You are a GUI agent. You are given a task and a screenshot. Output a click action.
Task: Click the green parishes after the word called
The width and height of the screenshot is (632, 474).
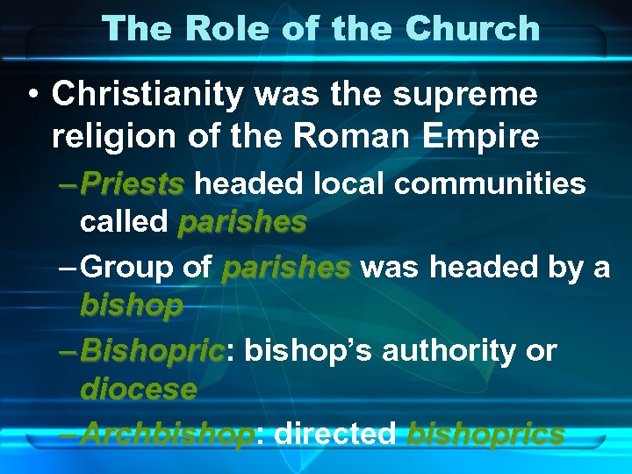click(x=241, y=222)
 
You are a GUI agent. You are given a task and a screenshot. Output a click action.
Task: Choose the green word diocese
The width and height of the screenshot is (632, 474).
click(x=138, y=389)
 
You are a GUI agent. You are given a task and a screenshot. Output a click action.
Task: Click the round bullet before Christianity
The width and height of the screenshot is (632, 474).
click(x=32, y=94)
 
